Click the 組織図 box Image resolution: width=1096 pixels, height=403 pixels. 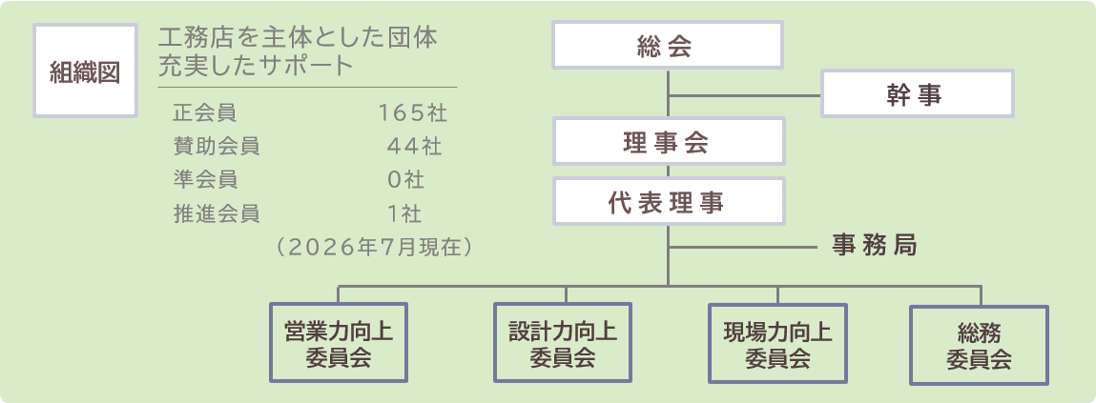85,71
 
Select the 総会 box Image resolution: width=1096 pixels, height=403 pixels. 668,45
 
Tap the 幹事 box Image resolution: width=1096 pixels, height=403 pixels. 917,93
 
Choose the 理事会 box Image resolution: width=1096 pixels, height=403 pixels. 668,141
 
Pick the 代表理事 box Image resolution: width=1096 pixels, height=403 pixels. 668,201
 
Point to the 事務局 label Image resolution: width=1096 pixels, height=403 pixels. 875,245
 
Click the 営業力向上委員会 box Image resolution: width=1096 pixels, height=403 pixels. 339,342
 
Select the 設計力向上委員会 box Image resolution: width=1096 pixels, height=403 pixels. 563,342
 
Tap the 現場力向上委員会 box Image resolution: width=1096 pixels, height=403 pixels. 778,343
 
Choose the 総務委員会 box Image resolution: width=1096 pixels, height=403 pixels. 979,345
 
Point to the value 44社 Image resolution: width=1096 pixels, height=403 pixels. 414,146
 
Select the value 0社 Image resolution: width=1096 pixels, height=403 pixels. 406,179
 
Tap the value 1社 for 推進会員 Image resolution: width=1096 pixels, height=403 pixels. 405,213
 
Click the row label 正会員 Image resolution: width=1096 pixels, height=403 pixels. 205,111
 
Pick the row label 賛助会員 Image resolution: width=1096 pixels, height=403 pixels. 216,146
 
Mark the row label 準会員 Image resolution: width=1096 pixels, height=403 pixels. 205,179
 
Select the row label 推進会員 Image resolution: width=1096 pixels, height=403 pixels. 216,213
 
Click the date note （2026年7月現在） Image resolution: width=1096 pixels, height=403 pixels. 373,247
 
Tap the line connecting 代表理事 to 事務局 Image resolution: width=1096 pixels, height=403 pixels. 743,248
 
